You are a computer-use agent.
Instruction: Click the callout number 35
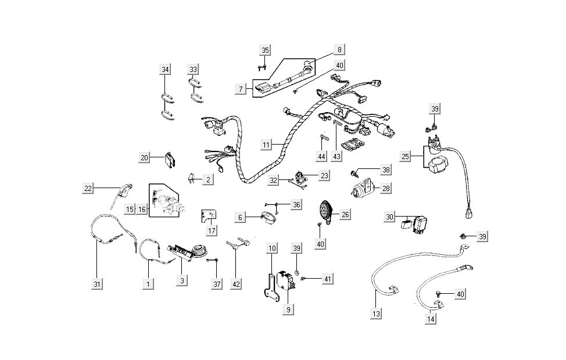click(x=265, y=51)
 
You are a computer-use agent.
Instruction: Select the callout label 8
click(x=339, y=50)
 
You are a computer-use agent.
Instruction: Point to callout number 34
click(x=166, y=70)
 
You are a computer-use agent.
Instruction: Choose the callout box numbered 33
click(x=194, y=70)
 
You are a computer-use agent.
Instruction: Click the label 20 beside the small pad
click(x=145, y=157)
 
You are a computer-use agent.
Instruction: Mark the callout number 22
click(x=88, y=188)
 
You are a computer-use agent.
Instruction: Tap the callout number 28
click(x=386, y=188)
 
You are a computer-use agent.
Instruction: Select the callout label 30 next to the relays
click(x=390, y=217)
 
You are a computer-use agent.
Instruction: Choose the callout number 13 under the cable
click(x=376, y=314)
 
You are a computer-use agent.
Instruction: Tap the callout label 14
click(x=431, y=319)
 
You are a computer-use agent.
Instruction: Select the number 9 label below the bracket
click(x=287, y=310)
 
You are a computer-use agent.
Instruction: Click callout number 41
click(x=328, y=280)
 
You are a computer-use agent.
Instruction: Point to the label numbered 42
click(x=235, y=284)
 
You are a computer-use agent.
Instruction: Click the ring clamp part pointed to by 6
click(x=270, y=218)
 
